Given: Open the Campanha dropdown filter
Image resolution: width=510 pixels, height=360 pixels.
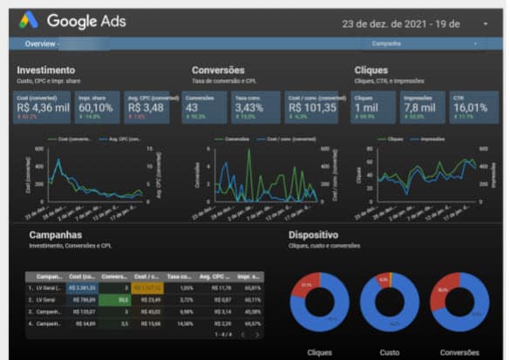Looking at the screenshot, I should [x=424, y=43].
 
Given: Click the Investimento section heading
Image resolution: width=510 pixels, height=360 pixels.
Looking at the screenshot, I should [x=45, y=70].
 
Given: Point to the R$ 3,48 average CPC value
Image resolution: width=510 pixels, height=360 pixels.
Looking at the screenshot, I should [x=145, y=108].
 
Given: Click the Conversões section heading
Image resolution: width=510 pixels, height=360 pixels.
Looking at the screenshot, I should [x=218, y=70].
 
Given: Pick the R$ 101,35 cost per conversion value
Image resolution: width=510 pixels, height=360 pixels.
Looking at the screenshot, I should [x=311, y=108].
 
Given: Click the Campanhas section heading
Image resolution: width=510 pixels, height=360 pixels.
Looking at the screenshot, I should [x=56, y=235].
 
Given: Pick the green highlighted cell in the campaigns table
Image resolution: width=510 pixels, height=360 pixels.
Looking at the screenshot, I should [x=115, y=298].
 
